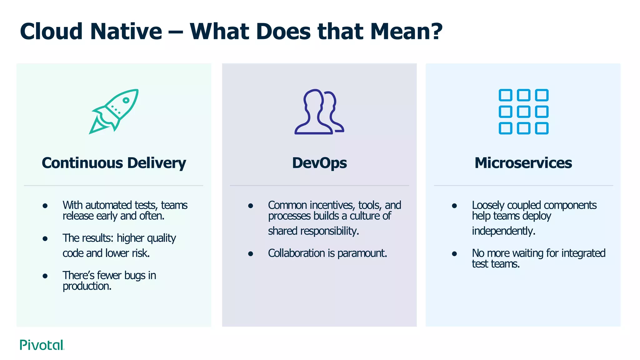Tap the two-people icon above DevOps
tap(319, 112)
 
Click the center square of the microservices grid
tap(523, 112)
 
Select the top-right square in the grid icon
tap(542, 95)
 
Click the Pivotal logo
tap(42, 345)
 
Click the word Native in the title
tap(126, 32)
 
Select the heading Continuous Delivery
tap(114, 163)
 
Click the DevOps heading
tap(319, 163)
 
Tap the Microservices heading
tap(523, 163)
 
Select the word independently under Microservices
tap(503, 231)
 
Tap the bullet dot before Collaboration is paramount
tap(250, 253)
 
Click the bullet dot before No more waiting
tap(454, 253)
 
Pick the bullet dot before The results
tap(45, 239)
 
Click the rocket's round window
tap(126, 100)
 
